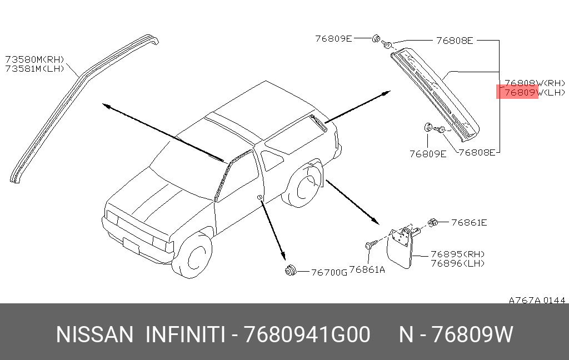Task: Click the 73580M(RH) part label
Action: (35, 59)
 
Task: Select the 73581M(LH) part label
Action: (35, 68)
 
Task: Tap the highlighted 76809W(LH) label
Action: (533, 93)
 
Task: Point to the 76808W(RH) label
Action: (533, 83)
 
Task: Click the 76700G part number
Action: (329, 272)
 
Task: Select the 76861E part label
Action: (469, 223)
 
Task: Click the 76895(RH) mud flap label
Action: (457, 254)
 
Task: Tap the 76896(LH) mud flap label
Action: (457, 263)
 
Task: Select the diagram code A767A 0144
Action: (537, 301)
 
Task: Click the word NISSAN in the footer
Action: (95, 335)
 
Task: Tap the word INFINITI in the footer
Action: (185, 335)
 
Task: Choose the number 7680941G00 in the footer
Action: (308, 335)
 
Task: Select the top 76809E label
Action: (333, 39)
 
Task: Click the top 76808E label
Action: (454, 40)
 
